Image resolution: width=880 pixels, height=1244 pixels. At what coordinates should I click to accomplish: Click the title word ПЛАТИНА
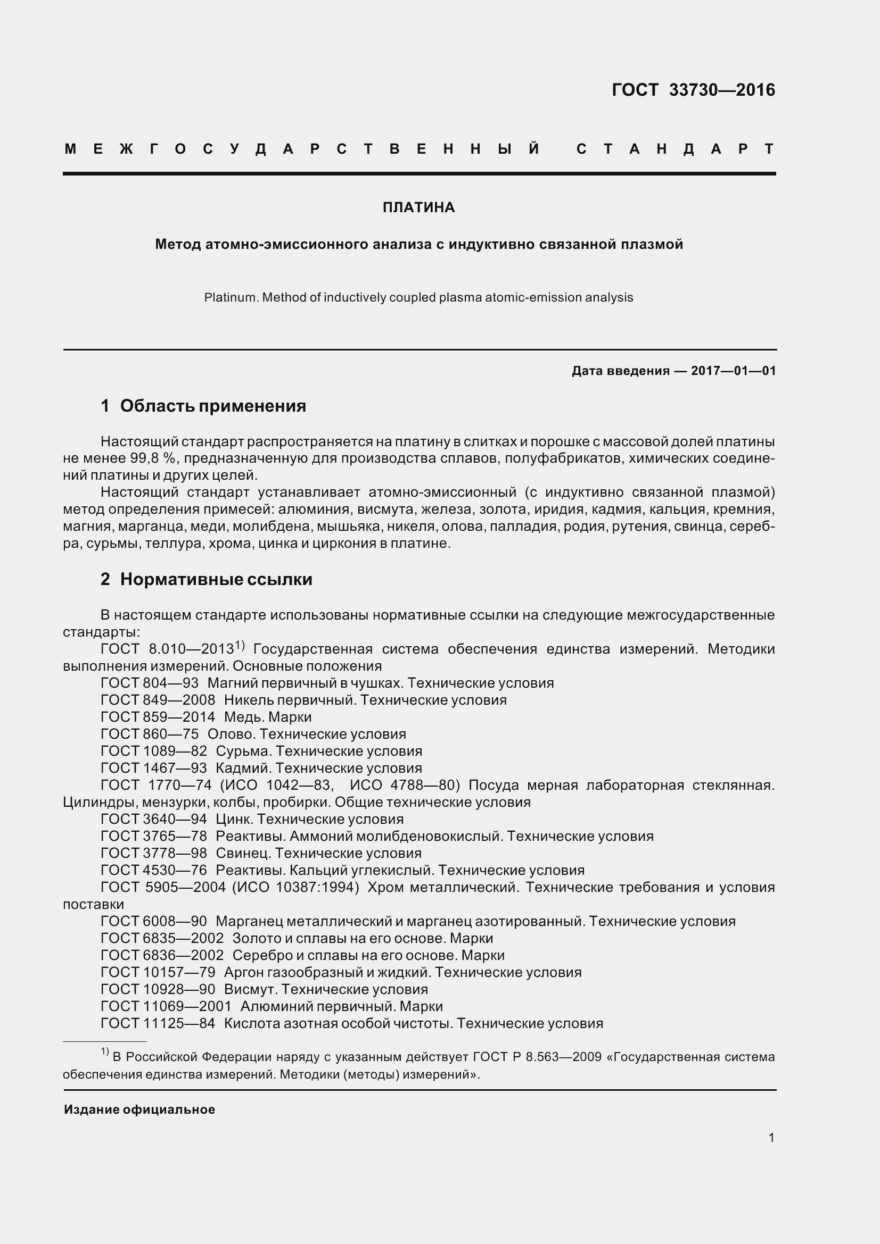pyautogui.click(x=418, y=207)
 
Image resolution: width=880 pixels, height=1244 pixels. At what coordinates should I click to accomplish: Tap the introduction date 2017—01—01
pyautogui.click(x=733, y=371)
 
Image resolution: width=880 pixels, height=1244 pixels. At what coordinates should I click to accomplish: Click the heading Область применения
pyautogui.click(x=212, y=406)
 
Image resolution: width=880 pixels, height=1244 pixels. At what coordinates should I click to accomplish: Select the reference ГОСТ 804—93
pyautogui.click(x=150, y=683)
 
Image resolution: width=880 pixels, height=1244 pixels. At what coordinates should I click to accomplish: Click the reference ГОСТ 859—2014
pyautogui.click(x=158, y=717)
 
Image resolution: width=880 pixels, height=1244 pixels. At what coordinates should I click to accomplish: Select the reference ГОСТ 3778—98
pyautogui.click(x=154, y=853)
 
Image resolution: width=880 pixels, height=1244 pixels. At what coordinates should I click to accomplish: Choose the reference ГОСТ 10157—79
pyautogui.click(x=158, y=972)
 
